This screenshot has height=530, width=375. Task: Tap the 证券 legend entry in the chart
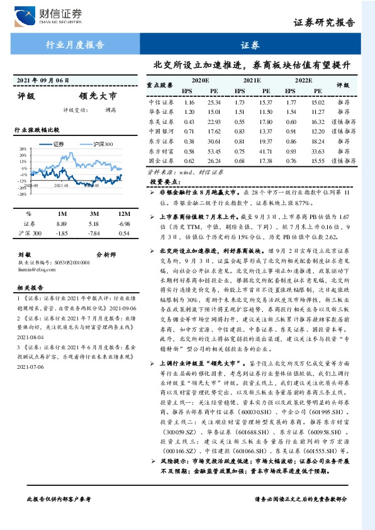59,144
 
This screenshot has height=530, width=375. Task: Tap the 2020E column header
200,81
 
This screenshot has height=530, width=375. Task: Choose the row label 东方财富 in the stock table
160,151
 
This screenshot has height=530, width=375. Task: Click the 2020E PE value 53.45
213,151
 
